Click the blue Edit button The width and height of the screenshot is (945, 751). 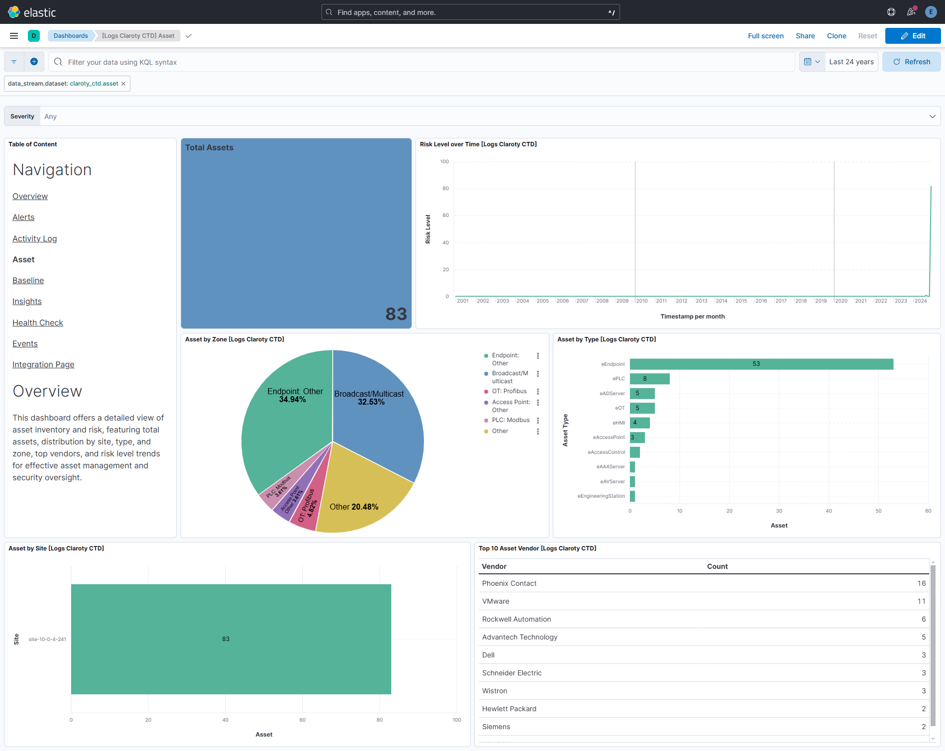(913, 36)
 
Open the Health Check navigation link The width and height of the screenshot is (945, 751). (38, 322)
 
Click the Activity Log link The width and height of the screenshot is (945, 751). (34, 238)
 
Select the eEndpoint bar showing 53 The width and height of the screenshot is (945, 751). (761, 364)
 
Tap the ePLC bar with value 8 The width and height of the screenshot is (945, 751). (649, 379)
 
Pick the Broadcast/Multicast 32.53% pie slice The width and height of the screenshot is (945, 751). (378, 413)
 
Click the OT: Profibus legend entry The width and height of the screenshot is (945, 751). (509, 391)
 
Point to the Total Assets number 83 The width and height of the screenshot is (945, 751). (396, 314)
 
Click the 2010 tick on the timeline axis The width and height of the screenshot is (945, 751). (641, 301)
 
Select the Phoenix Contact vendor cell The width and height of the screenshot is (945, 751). (509, 583)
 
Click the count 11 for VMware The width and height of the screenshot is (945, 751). (921, 601)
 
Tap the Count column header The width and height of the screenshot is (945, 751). (717, 566)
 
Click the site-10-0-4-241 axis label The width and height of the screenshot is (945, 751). (47, 639)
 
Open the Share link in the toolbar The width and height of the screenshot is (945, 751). (805, 36)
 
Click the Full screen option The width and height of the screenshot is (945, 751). (765, 36)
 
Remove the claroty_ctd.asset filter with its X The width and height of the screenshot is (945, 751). (123, 84)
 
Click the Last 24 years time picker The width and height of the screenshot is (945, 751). (851, 62)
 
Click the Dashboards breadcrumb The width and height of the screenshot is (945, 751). (71, 36)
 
